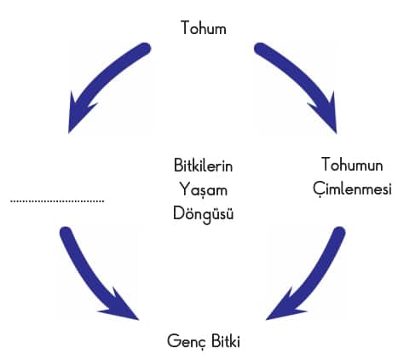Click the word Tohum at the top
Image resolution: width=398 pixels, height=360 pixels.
pyautogui.click(x=204, y=28)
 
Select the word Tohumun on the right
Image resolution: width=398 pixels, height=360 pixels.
pyautogui.click(x=352, y=165)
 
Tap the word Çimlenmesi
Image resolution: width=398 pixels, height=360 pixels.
pyautogui.click(x=352, y=189)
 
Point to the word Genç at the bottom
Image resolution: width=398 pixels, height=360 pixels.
pyautogui.click(x=186, y=341)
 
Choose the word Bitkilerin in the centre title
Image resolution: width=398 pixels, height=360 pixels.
pyautogui.click(x=203, y=165)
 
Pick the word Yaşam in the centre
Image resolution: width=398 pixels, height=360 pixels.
pyautogui.click(x=204, y=189)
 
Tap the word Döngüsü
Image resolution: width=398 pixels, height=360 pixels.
pyautogui.click(x=204, y=213)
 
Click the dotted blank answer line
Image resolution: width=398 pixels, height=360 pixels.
pyautogui.click(x=57, y=201)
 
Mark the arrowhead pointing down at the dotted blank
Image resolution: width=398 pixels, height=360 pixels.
pyautogui.click(x=78, y=116)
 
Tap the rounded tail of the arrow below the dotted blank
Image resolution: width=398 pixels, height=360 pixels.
pyautogui.click(x=66, y=233)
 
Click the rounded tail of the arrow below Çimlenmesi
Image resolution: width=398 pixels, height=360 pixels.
pyautogui.click(x=339, y=233)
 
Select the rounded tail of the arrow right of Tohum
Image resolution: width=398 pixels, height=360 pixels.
pyautogui.click(x=261, y=49)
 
